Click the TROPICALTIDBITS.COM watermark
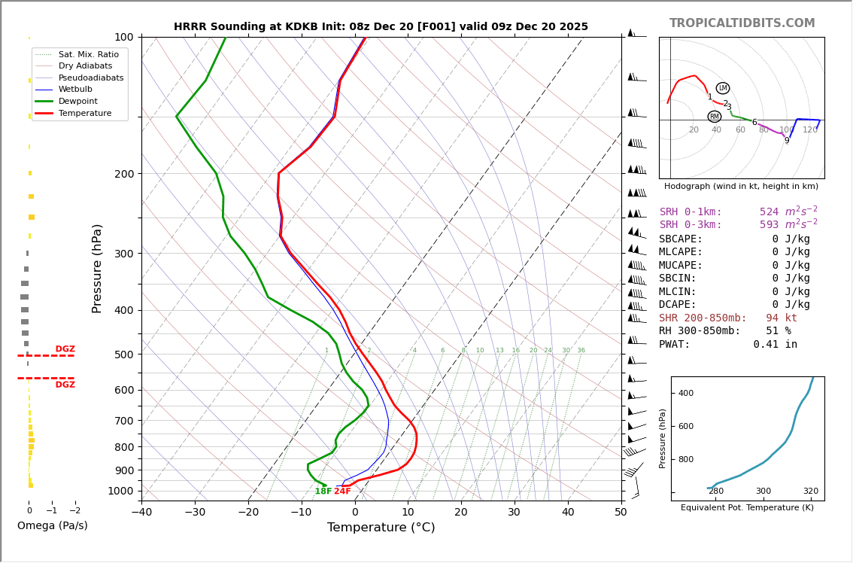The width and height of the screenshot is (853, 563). [742, 23]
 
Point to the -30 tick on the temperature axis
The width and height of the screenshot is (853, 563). [195, 513]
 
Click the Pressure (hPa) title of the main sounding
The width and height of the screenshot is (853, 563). [98, 268]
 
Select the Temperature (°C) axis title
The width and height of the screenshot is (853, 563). [381, 528]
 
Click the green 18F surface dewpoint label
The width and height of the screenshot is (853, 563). [323, 491]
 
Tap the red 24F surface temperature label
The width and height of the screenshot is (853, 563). [343, 491]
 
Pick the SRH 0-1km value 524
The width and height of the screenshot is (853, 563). [769, 212]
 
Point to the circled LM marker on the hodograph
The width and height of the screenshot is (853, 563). [723, 88]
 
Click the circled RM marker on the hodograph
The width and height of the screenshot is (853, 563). [715, 117]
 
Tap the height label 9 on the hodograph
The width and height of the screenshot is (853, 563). [787, 141]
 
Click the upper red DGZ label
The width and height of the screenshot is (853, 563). [65, 349]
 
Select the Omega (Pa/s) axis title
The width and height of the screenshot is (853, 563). [52, 525]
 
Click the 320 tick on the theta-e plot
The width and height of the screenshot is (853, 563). [810, 512]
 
